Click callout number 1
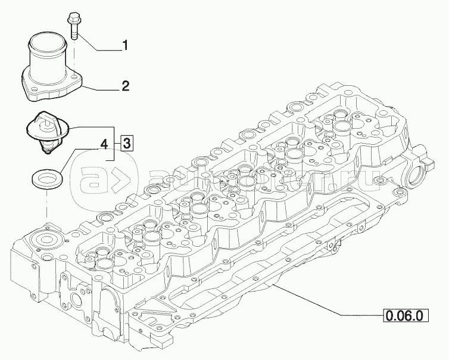click(x=126, y=44)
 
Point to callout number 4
click(x=103, y=144)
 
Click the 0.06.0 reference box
click(x=404, y=314)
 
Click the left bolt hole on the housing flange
click(x=33, y=92)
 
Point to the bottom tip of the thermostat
click(x=47, y=153)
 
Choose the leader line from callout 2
click(x=102, y=88)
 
